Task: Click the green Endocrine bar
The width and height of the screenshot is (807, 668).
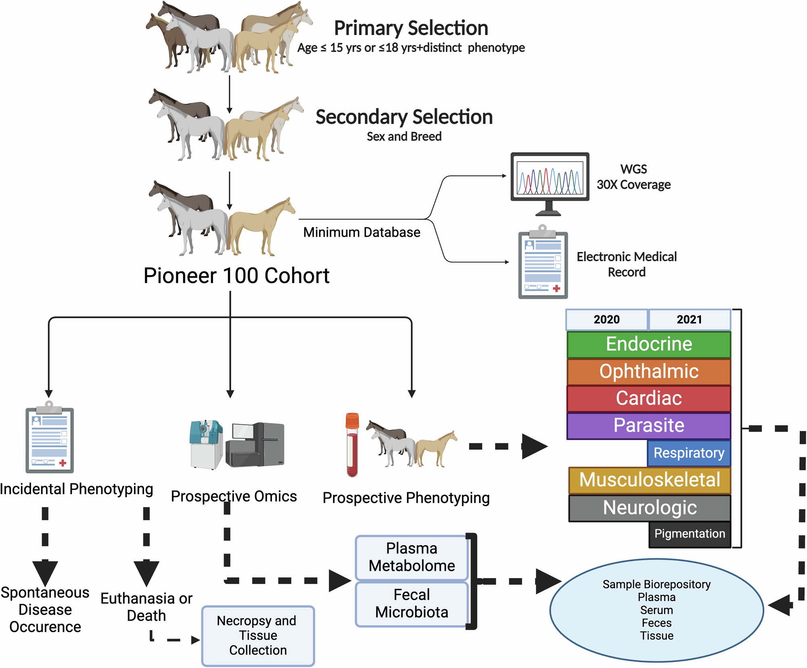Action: tap(648, 344)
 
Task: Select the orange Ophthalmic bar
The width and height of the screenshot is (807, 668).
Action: tap(648, 371)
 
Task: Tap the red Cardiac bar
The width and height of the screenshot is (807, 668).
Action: tap(648, 398)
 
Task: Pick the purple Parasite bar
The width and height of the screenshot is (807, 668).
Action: tap(648, 425)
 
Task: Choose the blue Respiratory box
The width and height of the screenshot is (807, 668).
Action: tap(689, 453)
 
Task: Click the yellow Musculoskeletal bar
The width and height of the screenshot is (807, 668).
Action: tap(649, 480)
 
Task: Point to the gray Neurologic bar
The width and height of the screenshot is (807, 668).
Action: tap(649, 508)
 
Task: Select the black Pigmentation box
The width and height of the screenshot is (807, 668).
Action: tap(690, 534)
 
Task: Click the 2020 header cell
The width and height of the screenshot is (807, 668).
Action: tap(606, 319)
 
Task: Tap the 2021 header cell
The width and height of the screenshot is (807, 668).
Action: tap(689, 319)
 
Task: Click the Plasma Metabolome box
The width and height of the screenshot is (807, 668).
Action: tap(412, 557)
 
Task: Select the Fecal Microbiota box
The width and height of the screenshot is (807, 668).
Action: tap(412, 604)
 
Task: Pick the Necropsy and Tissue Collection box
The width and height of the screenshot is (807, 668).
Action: tap(258, 635)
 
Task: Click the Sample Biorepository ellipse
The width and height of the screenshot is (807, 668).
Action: tap(656, 610)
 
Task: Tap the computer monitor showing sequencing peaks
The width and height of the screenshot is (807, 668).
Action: tap(550, 180)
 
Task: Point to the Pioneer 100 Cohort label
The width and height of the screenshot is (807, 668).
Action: tap(236, 276)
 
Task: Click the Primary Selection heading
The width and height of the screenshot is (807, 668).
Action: tap(411, 28)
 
